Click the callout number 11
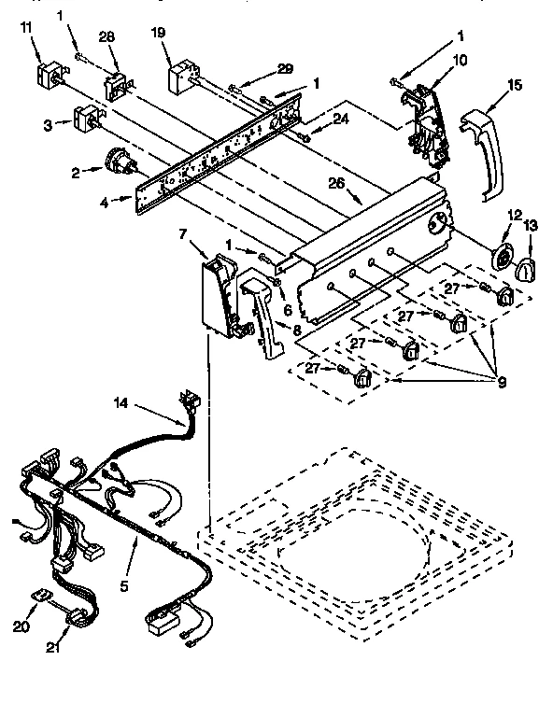coord(25,29)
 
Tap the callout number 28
coord(106,36)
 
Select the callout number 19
coord(160,34)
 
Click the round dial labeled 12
coord(503,260)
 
